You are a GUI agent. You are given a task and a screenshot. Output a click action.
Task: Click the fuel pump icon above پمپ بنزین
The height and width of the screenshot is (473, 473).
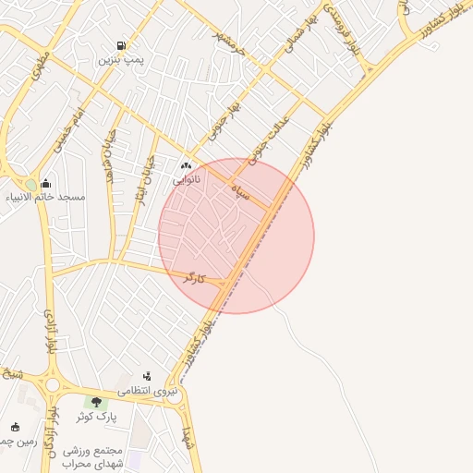[121, 45]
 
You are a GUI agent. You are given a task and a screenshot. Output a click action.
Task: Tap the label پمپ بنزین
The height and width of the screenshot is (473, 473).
[121, 59]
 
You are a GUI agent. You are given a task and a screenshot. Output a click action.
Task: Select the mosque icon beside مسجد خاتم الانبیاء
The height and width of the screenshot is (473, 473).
[46, 183]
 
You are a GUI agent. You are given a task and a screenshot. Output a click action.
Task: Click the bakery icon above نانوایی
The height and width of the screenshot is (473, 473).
[198, 164]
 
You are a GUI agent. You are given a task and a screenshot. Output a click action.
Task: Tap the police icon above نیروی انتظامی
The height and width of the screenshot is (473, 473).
[146, 377]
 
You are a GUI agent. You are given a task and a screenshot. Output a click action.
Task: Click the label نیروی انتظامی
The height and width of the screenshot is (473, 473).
[160, 392]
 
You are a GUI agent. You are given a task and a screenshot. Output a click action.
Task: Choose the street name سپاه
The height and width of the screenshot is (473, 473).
[241, 192]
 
